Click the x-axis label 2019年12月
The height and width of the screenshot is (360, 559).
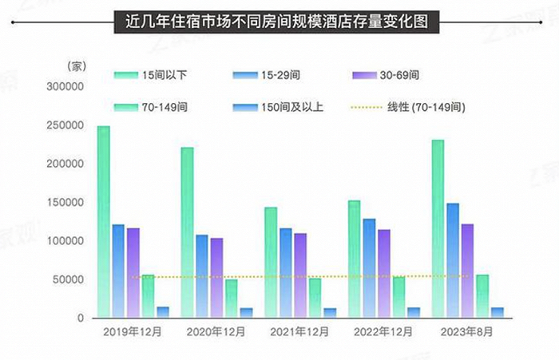[133, 330]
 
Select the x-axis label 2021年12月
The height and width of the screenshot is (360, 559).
[300, 330]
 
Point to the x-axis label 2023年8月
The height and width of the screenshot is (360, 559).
[467, 330]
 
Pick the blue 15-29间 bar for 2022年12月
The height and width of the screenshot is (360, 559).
[369, 268]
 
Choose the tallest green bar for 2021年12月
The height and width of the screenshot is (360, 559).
[271, 263]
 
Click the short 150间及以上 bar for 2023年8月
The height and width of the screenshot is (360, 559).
[497, 312]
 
